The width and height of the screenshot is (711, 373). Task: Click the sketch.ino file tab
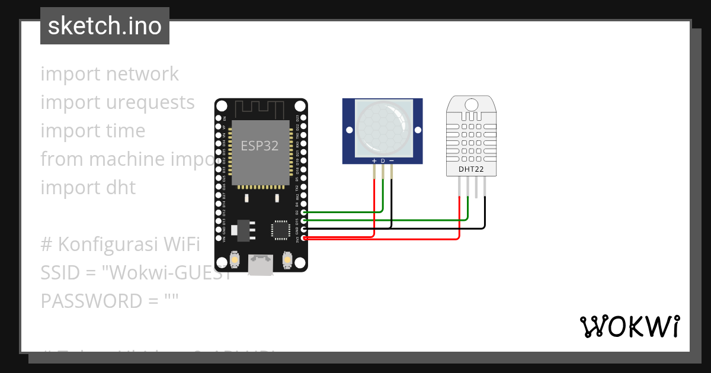(105, 26)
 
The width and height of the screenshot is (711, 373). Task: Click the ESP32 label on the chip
(260, 146)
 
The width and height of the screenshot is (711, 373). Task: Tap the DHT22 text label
(471, 169)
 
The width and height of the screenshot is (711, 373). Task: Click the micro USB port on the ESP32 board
(261, 263)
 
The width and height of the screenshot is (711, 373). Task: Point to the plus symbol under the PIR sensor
(374, 161)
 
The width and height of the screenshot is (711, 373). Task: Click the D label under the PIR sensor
(383, 161)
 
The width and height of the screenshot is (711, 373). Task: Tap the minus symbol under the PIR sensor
(391, 161)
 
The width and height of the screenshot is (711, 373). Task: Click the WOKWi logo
(629, 326)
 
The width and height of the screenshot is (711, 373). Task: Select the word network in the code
(142, 74)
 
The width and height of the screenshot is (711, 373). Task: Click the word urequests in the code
(150, 102)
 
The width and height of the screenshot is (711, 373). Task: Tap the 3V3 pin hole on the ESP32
(304, 238)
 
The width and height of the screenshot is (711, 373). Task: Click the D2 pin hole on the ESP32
(304, 212)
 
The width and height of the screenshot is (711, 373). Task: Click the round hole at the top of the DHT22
(471, 105)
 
